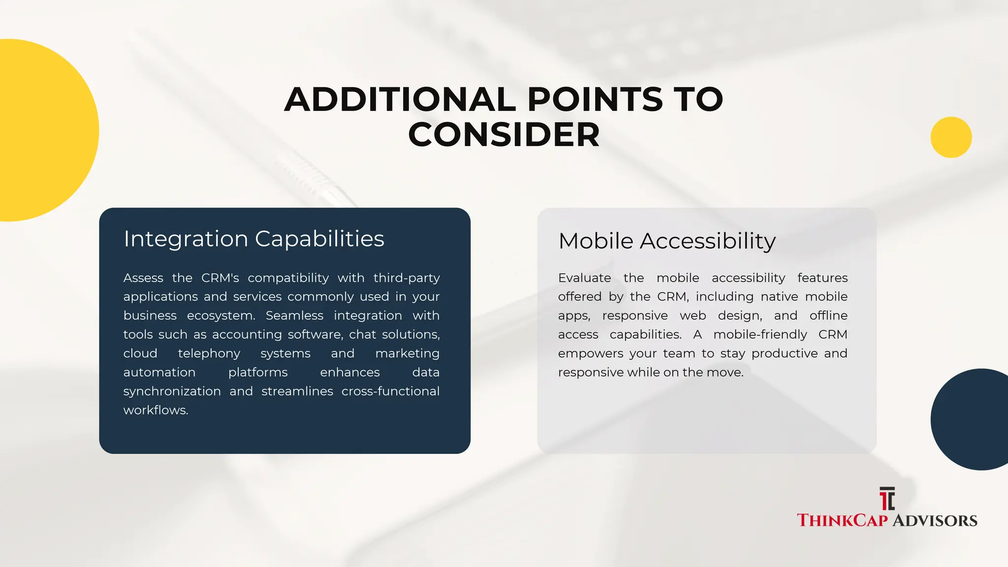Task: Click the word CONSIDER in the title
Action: point(504,134)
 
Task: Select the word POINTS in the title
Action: point(595,99)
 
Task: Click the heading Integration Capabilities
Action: point(253,239)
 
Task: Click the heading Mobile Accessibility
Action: point(667,241)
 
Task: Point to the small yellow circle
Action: point(951,137)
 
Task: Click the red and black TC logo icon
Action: point(887,499)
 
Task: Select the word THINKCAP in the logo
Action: point(842,521)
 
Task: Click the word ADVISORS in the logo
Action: point(935,521)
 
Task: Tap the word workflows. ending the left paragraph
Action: point(156,410)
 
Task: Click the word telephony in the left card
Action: point(209,353)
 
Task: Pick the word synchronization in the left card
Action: point(172,391)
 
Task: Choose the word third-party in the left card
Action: point(406,278)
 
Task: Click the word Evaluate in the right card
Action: point(584,278)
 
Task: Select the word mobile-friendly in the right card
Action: point(760,335)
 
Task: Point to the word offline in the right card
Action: point(828,315)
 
